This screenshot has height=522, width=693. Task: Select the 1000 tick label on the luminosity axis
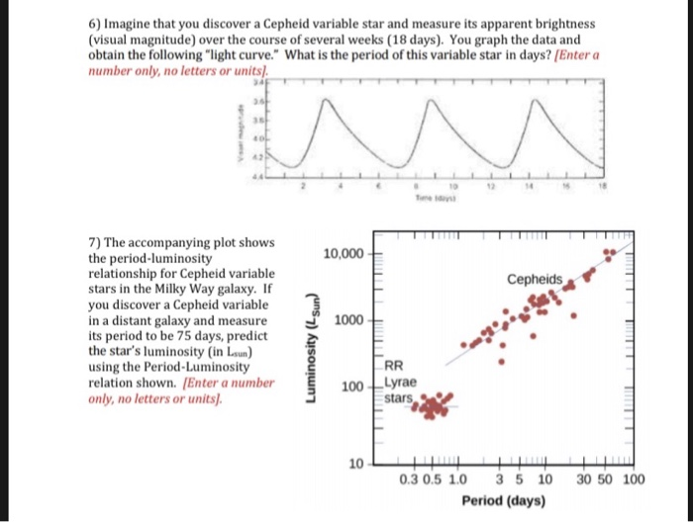tap(348, 321)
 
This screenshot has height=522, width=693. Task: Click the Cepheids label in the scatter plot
tap(535, 279)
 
